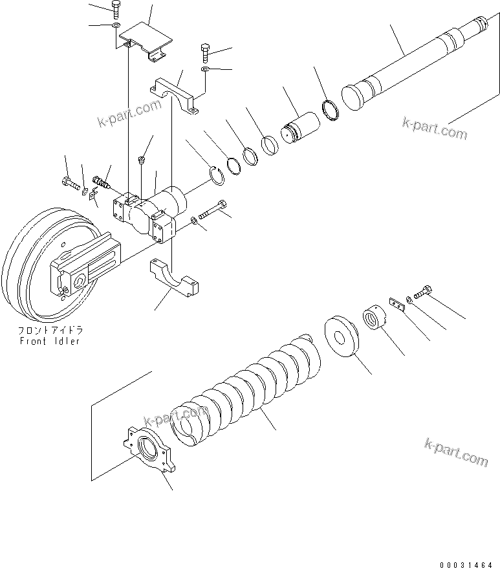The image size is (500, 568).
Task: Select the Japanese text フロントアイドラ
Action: point(49,330)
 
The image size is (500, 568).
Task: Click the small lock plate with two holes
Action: point(396,303)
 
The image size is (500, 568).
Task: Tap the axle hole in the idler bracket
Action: point(80,279)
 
